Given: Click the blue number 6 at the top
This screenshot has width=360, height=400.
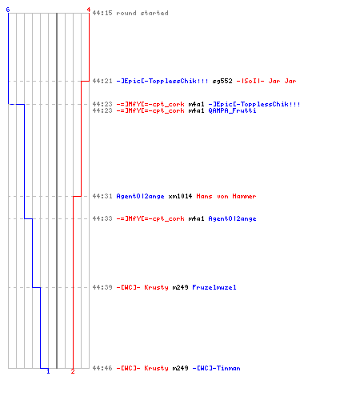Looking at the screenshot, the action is click(8, 10).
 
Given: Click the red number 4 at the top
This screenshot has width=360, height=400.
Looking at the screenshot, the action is click(89, 10).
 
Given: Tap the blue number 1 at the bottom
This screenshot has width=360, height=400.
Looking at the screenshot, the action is click(48, 371).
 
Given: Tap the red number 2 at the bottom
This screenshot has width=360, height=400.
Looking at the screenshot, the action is click(73, 371).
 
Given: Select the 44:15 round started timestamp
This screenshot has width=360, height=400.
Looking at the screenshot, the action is click(102, 13).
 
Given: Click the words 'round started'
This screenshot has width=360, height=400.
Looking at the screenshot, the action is click(142, 13).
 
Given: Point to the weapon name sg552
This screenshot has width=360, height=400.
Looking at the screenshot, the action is click(222, 81).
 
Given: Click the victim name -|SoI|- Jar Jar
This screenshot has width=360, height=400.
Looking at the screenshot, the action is click(266, 81).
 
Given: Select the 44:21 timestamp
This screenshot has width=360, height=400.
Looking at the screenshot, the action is click(102, 81).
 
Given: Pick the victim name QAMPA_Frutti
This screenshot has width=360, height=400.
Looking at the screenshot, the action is click(232, 110).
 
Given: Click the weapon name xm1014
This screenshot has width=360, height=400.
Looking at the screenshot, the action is click(180, 197).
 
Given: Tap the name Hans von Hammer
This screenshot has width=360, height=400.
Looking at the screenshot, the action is click(226, 197).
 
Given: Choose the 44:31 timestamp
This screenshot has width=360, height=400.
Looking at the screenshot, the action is click(102, 197).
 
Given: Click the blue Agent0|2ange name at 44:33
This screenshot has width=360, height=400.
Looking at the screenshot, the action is click(232, 219).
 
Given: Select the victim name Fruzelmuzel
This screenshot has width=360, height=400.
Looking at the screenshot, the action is click(214, 287).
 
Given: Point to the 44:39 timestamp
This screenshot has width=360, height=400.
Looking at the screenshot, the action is click(102, 287).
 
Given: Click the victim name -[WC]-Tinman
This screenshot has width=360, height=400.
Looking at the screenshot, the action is click(217, 368).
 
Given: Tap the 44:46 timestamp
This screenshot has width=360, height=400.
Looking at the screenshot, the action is click(102, 368).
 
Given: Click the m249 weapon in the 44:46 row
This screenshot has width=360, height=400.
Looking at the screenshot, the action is click(180, 368).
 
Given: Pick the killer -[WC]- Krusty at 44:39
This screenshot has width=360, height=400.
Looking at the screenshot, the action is click(142, 287).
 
